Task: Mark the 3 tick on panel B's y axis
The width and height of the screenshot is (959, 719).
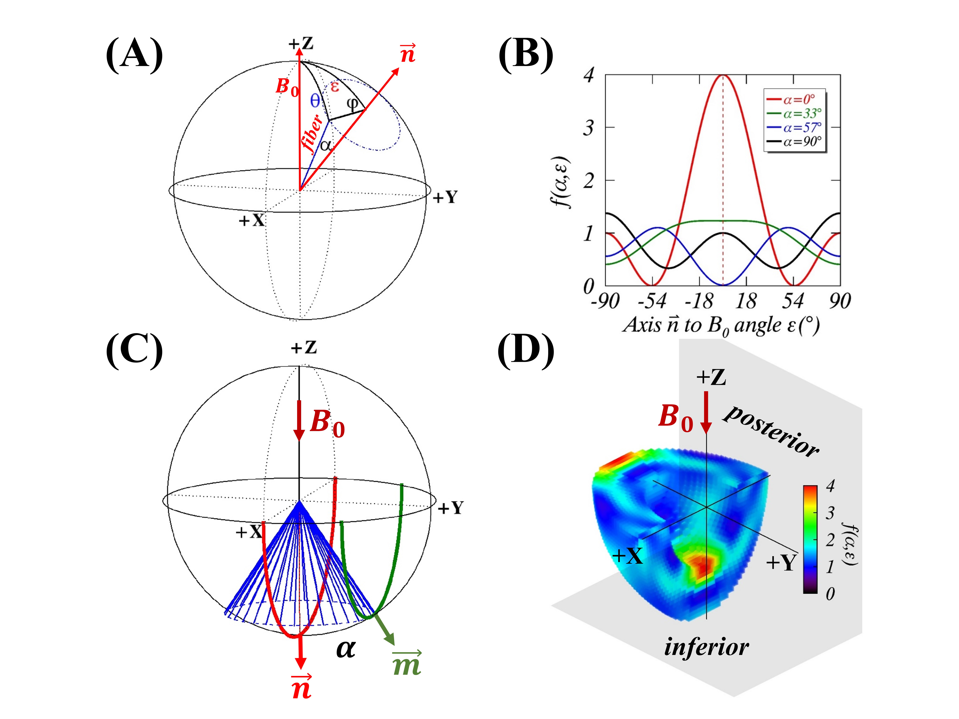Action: tap(588, 128)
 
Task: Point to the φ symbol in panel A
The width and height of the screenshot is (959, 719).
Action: tap(353, 103)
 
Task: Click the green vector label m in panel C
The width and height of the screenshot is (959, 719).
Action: tap(407, 664)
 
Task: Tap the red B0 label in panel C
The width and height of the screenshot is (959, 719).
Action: tap(327, 423)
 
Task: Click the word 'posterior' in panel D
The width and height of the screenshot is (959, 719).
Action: tap(772, 431)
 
